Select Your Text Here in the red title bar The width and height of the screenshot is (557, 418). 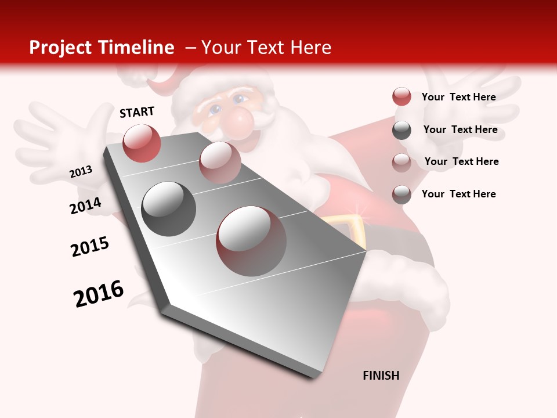click(x=266, y=48)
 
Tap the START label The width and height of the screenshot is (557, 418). click(x=137, y=112)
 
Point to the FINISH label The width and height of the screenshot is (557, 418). click(x=381, y=376)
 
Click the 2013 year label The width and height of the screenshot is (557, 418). click(x=81, y=172)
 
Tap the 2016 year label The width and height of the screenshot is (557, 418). click(x=99, y=294)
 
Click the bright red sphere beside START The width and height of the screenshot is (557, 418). click(x=142, y=143)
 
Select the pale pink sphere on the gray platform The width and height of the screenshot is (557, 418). click(x=219, y=162)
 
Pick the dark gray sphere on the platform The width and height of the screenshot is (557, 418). click(x=169, y=208)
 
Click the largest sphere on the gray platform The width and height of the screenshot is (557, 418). click(x=251, y=240)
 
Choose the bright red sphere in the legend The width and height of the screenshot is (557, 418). click(x=402, y=97)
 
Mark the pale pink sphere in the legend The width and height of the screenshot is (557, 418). click(x=402, y=162)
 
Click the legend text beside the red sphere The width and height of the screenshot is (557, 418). click(x=458, y=97)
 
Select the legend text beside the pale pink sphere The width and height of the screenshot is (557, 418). click(x=461, y=161)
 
